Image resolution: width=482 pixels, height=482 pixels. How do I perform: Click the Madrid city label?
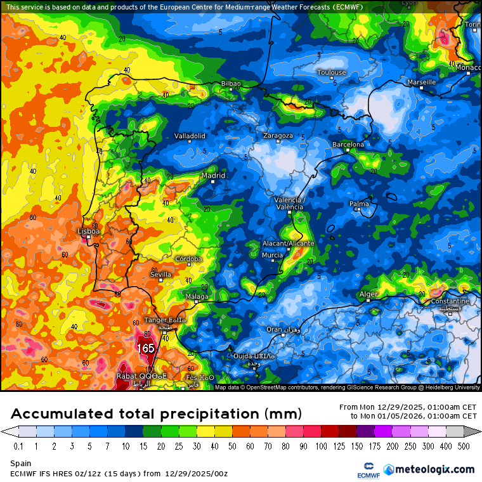pos(213,176)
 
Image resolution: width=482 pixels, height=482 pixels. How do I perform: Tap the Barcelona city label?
pos(349,145)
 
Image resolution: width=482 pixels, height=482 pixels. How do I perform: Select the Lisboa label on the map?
pos(89,231)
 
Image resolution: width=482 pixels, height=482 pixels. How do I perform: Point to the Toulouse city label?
pos(332,72)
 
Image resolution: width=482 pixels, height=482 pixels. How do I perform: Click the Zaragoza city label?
pos(278,136)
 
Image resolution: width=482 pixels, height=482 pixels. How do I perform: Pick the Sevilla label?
pos(160,275)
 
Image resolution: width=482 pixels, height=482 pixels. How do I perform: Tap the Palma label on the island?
pos(359,204)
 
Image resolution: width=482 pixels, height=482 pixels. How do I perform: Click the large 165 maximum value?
pos(146,348)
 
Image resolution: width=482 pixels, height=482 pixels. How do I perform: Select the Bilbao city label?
pos(231,83)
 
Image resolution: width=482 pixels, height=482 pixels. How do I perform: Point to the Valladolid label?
pos(190,136)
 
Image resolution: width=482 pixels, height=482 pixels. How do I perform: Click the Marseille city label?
pos(422,82)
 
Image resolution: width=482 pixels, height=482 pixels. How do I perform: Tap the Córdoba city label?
pos(190,259)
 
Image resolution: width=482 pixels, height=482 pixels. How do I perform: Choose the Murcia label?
pos(272,255)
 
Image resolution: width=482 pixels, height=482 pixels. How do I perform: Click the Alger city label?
pos(368,294)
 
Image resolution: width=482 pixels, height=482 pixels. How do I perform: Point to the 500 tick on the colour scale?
pos(464,446)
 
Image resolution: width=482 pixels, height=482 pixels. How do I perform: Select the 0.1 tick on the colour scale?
pos(18,446)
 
